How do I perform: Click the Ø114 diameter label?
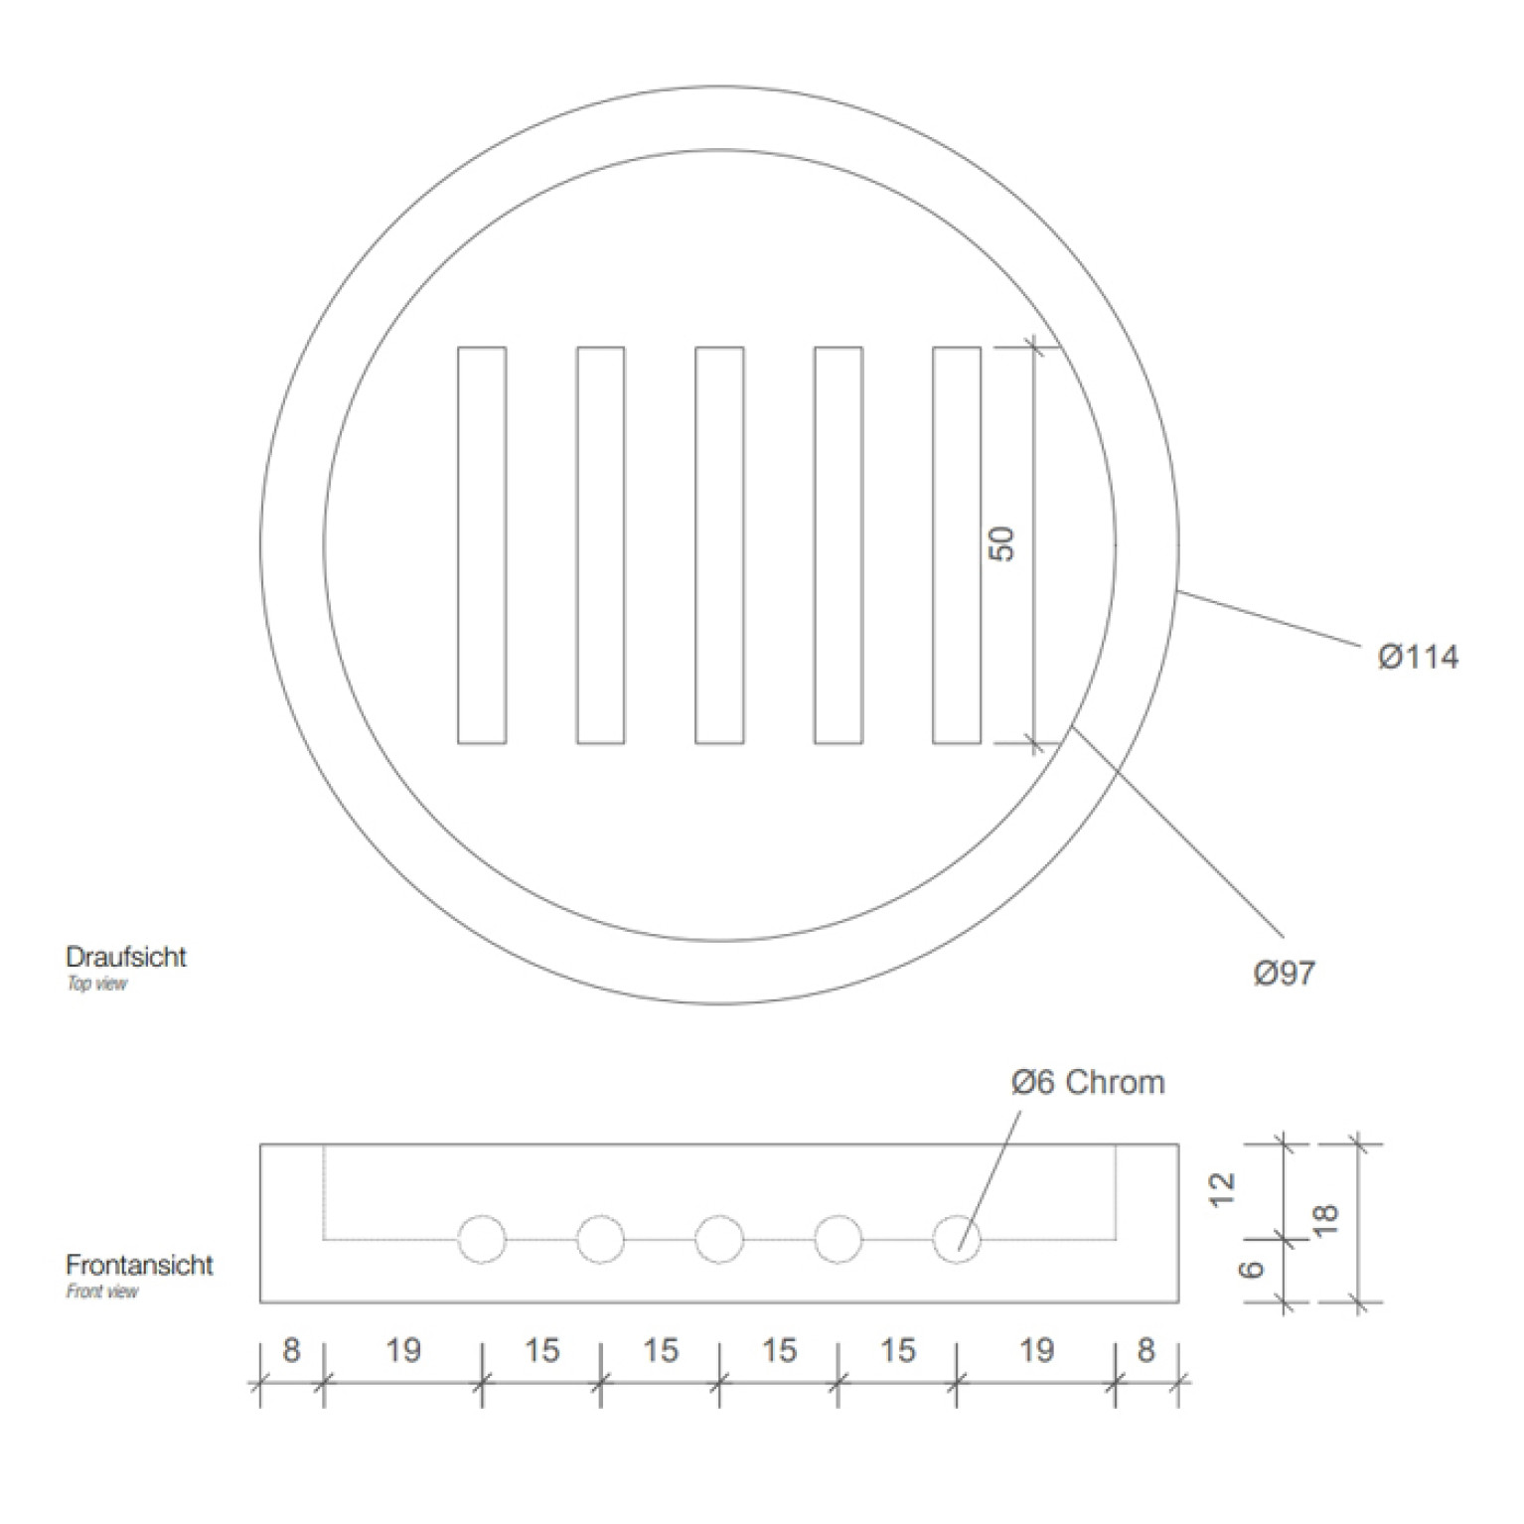coord(1418,657)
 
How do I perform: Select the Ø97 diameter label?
coord(1285,973)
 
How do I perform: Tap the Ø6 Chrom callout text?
coord(1088,1082)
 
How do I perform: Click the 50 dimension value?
coord(1003,544)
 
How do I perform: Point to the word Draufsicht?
coord(126,957)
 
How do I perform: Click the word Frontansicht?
coord(139,1265)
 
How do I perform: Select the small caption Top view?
coord(96,984)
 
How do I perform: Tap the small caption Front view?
coord(102,1292)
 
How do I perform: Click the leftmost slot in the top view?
coord(482,544)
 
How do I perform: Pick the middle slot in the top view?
coord(719,544)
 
